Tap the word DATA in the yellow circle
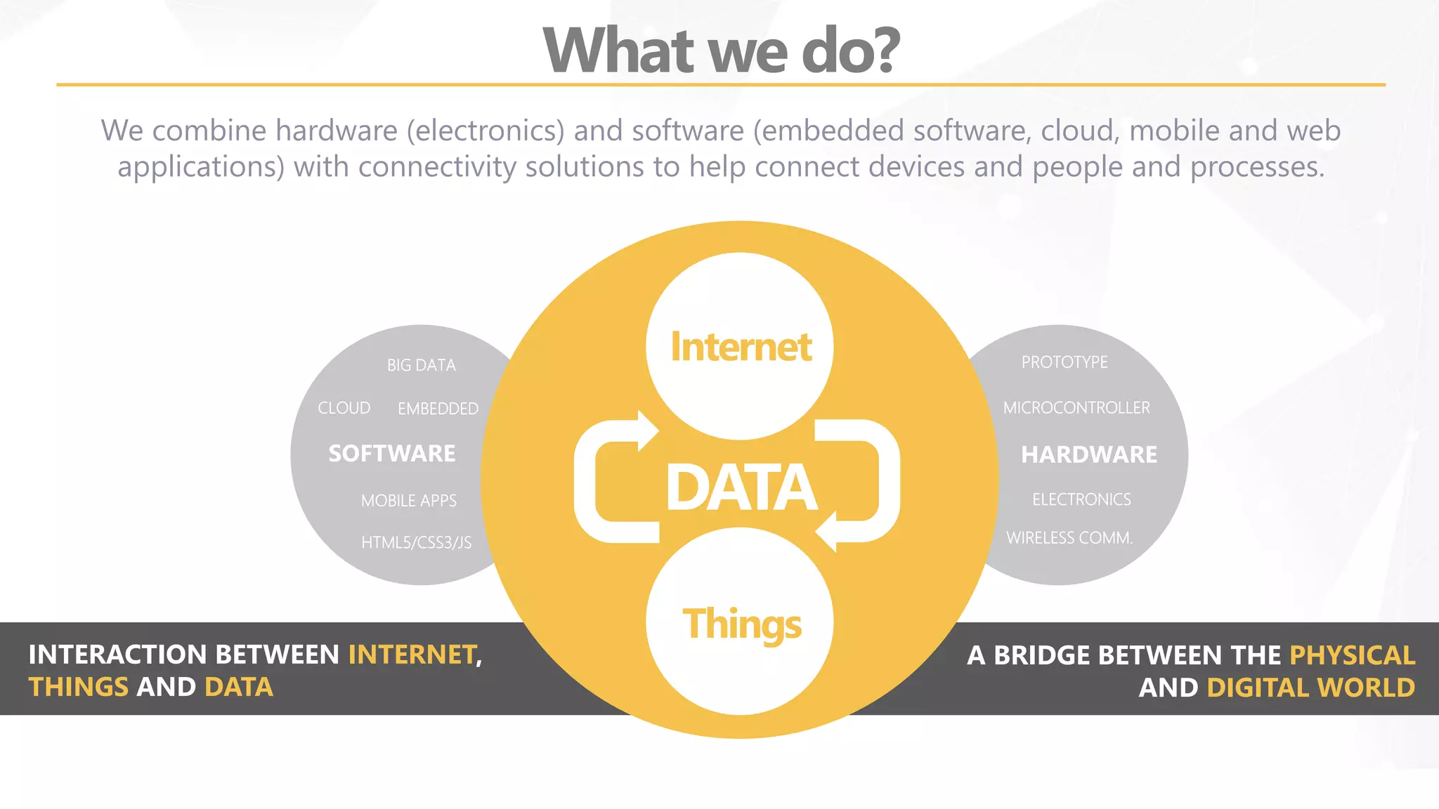coord(741,487)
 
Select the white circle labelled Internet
coord(740,346)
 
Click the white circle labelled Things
coord(740,622)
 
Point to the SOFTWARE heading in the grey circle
coord(392,454)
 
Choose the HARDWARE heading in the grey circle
coord(1088,454)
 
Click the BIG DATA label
coord(422,365)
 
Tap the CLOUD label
coord(344,408)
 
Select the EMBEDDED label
coord(438,409)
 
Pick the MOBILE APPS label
coord(409,501)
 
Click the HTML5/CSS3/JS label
coord(416,542)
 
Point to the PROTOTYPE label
coord(1064,362)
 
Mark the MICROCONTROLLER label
coord(1076,408)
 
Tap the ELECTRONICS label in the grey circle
coord(1081,499)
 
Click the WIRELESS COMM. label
coord(1069,538)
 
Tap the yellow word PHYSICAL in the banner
coord(1352,655)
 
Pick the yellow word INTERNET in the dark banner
coord(412,655)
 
